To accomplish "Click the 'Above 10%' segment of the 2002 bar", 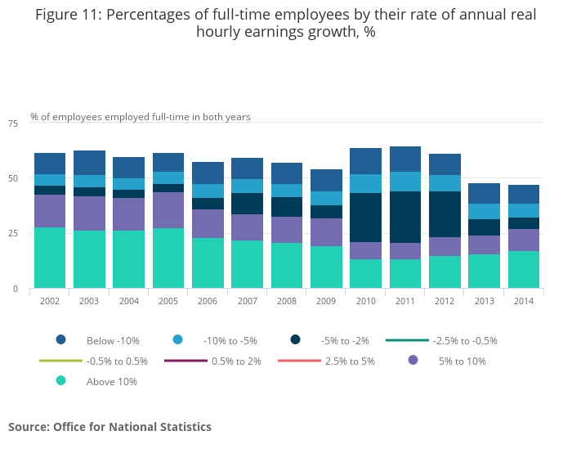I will [50, 258].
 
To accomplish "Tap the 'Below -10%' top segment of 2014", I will [524, 194].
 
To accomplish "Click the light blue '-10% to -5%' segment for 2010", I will [365, 183].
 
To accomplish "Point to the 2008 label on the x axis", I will [287, 301].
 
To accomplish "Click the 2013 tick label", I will [484, 301].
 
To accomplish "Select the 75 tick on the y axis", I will [13, 123].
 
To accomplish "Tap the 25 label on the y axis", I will [13, 234].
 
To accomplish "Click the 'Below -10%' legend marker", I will [60, 340].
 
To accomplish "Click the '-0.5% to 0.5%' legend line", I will [60, 361].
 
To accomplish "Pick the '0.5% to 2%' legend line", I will [185, 361].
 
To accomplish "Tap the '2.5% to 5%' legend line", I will [299, 361].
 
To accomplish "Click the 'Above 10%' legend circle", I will [60, 381].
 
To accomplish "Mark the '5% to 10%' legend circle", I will [413, 361].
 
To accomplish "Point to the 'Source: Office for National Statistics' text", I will [109, 427].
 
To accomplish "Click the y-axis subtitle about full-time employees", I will [141, 117].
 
